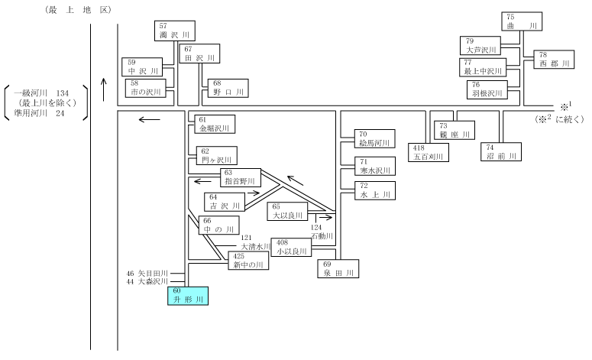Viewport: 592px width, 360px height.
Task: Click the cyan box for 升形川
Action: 188,296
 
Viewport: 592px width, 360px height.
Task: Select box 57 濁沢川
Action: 175,31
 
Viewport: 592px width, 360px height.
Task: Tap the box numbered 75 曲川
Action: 522,21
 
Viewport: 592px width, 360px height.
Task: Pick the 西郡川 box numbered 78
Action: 554,60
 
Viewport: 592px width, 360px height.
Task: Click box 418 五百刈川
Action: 429,152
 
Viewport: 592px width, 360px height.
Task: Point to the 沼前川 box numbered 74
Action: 501,152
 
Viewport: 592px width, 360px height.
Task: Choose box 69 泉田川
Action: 338,268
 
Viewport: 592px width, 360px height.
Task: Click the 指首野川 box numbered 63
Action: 241,177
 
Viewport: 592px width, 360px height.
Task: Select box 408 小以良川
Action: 291,248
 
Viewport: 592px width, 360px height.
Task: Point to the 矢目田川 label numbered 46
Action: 147,273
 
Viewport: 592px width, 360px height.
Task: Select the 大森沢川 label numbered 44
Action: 147,282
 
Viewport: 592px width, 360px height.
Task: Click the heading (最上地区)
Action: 78,10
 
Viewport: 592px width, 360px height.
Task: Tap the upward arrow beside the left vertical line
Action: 104,89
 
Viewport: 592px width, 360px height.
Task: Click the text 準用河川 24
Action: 39,113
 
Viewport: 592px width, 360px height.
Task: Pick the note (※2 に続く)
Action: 559,119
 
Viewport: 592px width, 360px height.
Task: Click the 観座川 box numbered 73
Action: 455,131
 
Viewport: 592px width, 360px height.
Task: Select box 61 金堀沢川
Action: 215,125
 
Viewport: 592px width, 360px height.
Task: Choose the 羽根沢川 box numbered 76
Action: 487,89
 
